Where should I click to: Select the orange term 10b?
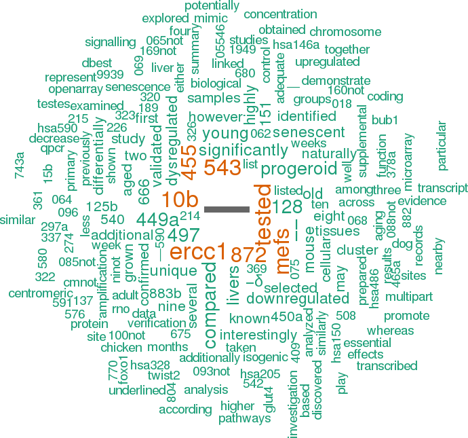(x=180, y=200)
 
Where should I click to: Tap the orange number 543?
(x=222, y=168)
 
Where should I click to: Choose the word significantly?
(x=234, y=150)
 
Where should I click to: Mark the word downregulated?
(x=298, y=298)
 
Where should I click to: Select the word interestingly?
(x=258, y=335)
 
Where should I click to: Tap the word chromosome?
(x=346, y=31)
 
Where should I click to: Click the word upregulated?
(x=327, y=62)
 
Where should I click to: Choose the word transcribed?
(x=387, y=366)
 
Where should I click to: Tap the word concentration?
(x=280, y=14)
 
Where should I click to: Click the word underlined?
(x=137, y=390)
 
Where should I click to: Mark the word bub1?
(x=385, y=121)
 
